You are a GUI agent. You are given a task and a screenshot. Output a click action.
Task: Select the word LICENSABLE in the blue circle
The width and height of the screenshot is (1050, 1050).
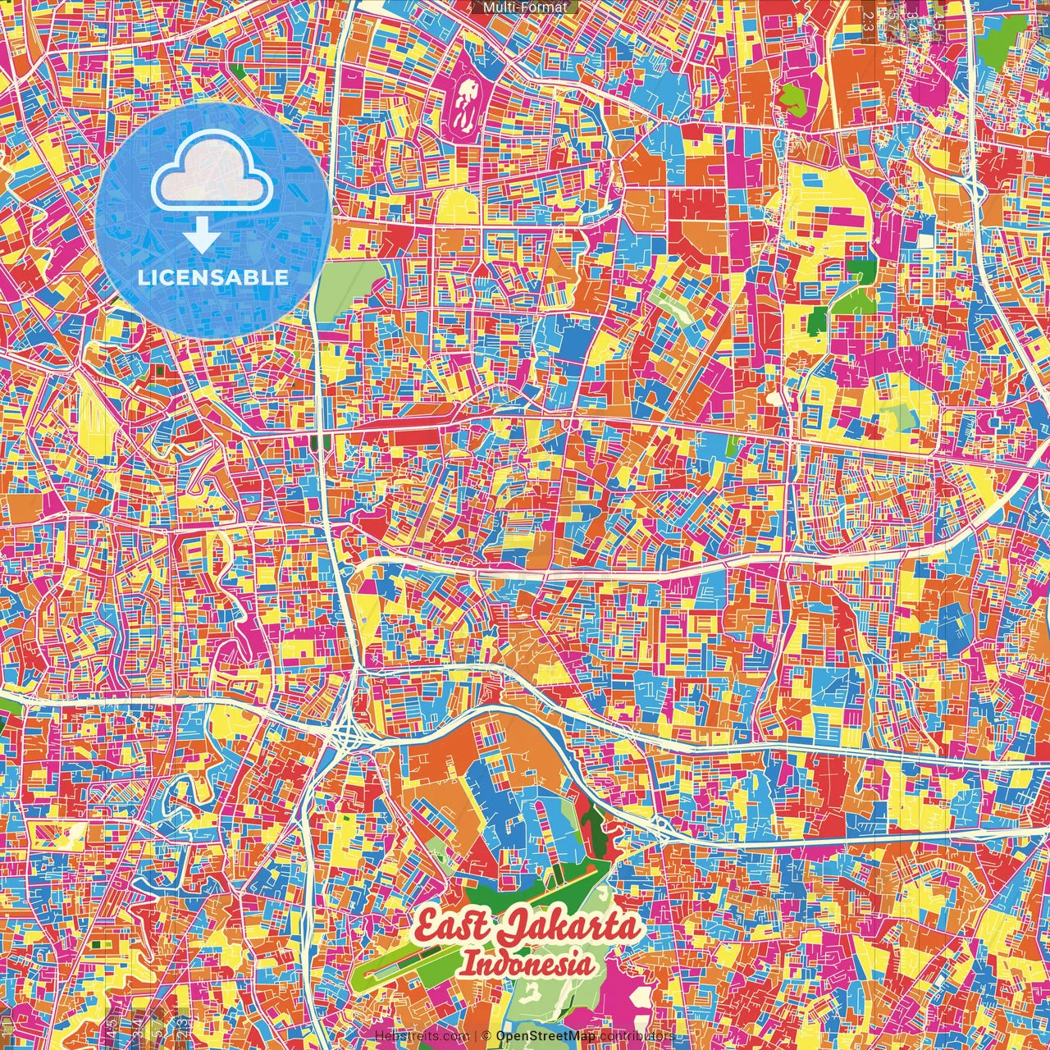pos(212,277)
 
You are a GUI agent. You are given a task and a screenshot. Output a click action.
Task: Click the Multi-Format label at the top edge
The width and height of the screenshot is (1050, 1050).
pos(525,7)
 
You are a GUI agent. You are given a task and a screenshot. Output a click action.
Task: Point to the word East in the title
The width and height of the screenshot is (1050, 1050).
pos(451,928)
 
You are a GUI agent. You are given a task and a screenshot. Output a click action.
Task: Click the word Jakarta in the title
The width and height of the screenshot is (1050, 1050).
pos(569,928)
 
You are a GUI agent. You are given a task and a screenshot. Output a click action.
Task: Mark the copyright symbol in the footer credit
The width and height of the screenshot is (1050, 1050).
pos(486,1036)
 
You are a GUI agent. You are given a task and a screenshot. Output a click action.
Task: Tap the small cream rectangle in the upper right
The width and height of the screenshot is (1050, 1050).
pos(926,241)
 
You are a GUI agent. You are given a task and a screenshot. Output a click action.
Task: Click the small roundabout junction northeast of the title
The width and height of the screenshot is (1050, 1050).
pos(660,824)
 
